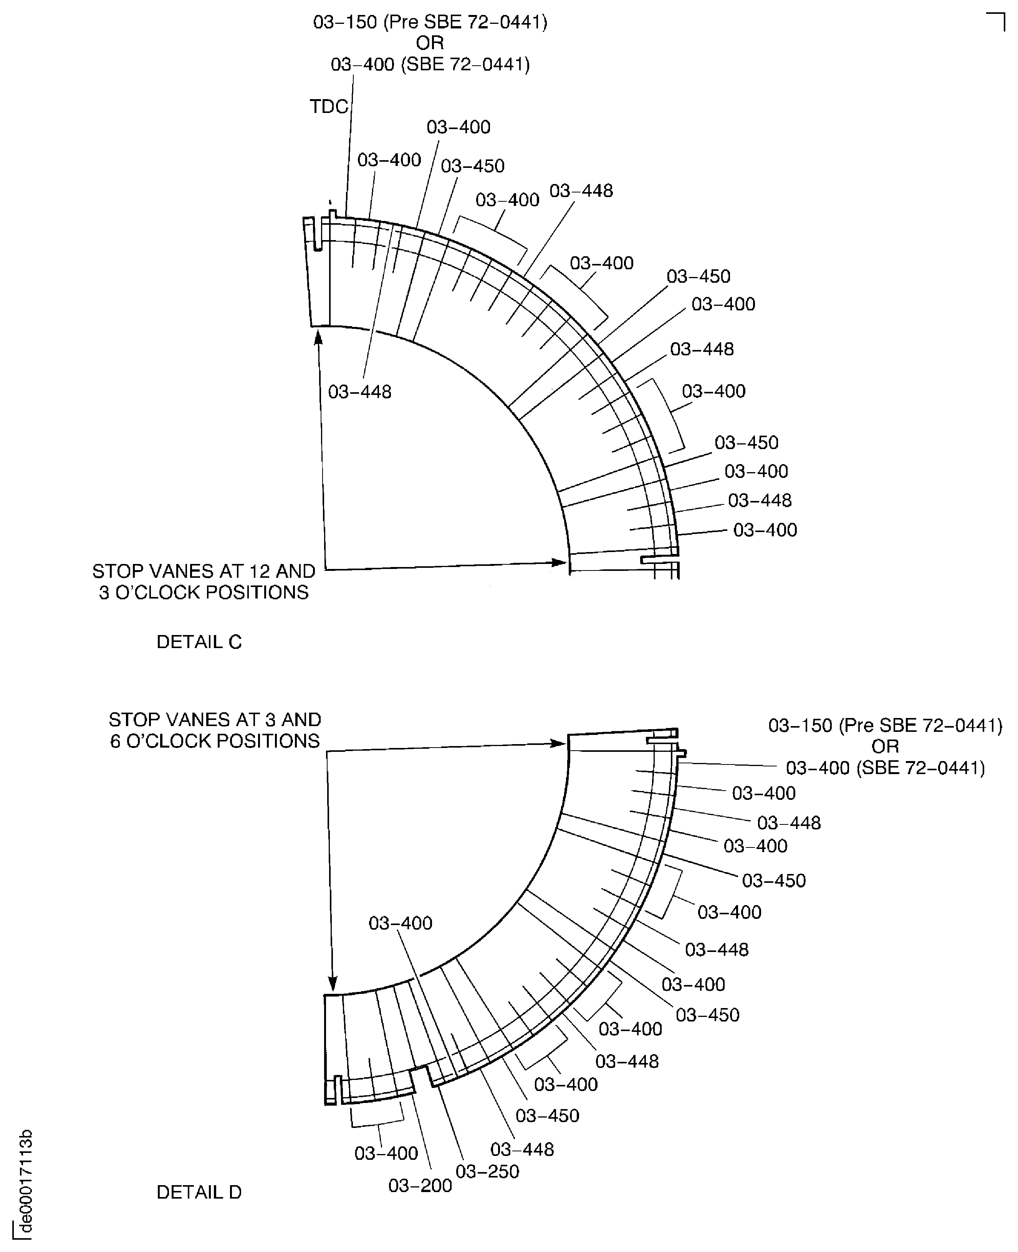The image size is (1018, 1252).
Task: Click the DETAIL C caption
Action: (x=199, y=642)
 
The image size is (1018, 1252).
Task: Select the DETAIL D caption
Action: (x=199, y=1192)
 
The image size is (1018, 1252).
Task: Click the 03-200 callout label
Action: (x=420, y=1185)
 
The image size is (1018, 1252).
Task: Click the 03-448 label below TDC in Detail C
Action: (x=359, y=392)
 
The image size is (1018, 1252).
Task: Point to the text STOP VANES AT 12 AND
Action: (x=204, y=571)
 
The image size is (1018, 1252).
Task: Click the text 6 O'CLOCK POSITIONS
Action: (x=215, y=741)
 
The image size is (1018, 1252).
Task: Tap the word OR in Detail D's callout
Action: (x=885, y=746)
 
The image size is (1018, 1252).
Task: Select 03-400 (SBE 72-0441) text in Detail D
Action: (x=885, y=768)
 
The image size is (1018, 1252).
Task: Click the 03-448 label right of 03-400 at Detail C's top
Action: (x=581, y=191)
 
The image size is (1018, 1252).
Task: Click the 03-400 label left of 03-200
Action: (x=386, y=1153)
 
